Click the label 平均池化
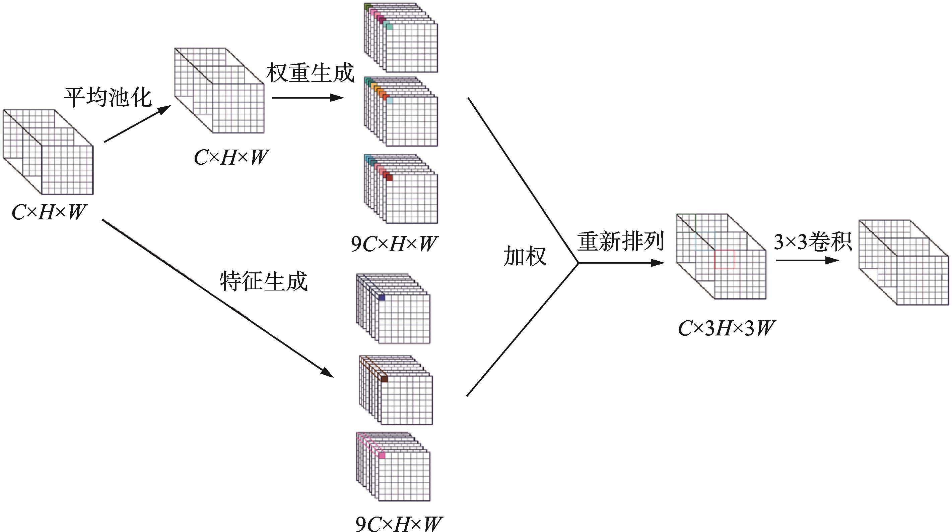coord(108,98)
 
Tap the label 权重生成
coord(310,73)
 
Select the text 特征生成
coord(264,281)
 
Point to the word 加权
coord(525,256)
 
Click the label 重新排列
coord(621,242)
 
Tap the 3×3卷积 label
coord(813,242)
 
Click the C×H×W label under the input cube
coord(49,212)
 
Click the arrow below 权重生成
coord(308,98)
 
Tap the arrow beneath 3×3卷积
coord(808,260)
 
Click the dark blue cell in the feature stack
coord(382,298)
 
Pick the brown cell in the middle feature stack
coord(384,379)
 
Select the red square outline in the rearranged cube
coord(724,259)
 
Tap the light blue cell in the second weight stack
coord(389,100)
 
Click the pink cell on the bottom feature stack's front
coord(382,456)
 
